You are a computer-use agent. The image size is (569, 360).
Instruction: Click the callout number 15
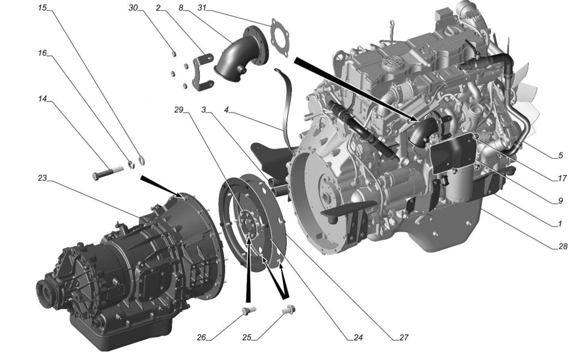point(43,7)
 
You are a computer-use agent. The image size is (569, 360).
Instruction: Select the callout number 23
point(43,178)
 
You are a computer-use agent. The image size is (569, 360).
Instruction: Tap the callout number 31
point(202,7)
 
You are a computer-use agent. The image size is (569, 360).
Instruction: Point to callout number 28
point(563,246)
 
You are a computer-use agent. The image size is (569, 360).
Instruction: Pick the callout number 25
point(247,337)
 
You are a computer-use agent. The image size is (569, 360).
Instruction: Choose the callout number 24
point(358,337)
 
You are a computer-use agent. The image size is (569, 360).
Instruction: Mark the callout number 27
point(404,337)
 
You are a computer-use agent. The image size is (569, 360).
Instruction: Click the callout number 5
point(560,155)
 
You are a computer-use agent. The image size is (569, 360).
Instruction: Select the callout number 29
point(179,109)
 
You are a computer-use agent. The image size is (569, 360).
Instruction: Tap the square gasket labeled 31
point(280,38)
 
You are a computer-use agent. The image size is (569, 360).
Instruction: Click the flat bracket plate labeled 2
point(201,72)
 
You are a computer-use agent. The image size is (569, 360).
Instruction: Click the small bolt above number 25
point(289,311)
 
